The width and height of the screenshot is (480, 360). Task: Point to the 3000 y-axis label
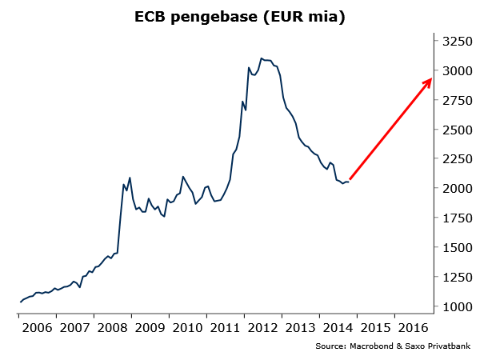[454, 70]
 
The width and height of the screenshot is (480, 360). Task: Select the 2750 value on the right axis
[454, 100]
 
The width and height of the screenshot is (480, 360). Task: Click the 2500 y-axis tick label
[454, 130]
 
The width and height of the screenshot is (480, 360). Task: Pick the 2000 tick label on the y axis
[454, 189]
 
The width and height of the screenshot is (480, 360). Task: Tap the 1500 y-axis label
[454, 248]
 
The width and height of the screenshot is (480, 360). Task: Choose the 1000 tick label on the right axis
[454, 307]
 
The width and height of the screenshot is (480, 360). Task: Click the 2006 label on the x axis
[37, 327]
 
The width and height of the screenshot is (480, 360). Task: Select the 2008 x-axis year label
[112, 327]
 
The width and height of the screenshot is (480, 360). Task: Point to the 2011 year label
[225, 327]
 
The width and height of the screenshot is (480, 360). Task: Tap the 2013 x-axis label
[300, 327]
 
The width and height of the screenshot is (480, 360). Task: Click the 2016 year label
[413, 327]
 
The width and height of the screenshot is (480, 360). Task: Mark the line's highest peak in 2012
[261, 58]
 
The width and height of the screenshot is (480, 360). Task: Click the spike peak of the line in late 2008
[130, 178]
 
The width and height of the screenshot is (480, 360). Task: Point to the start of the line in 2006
[20, 302]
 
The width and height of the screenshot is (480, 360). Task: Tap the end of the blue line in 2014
[348, 182]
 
